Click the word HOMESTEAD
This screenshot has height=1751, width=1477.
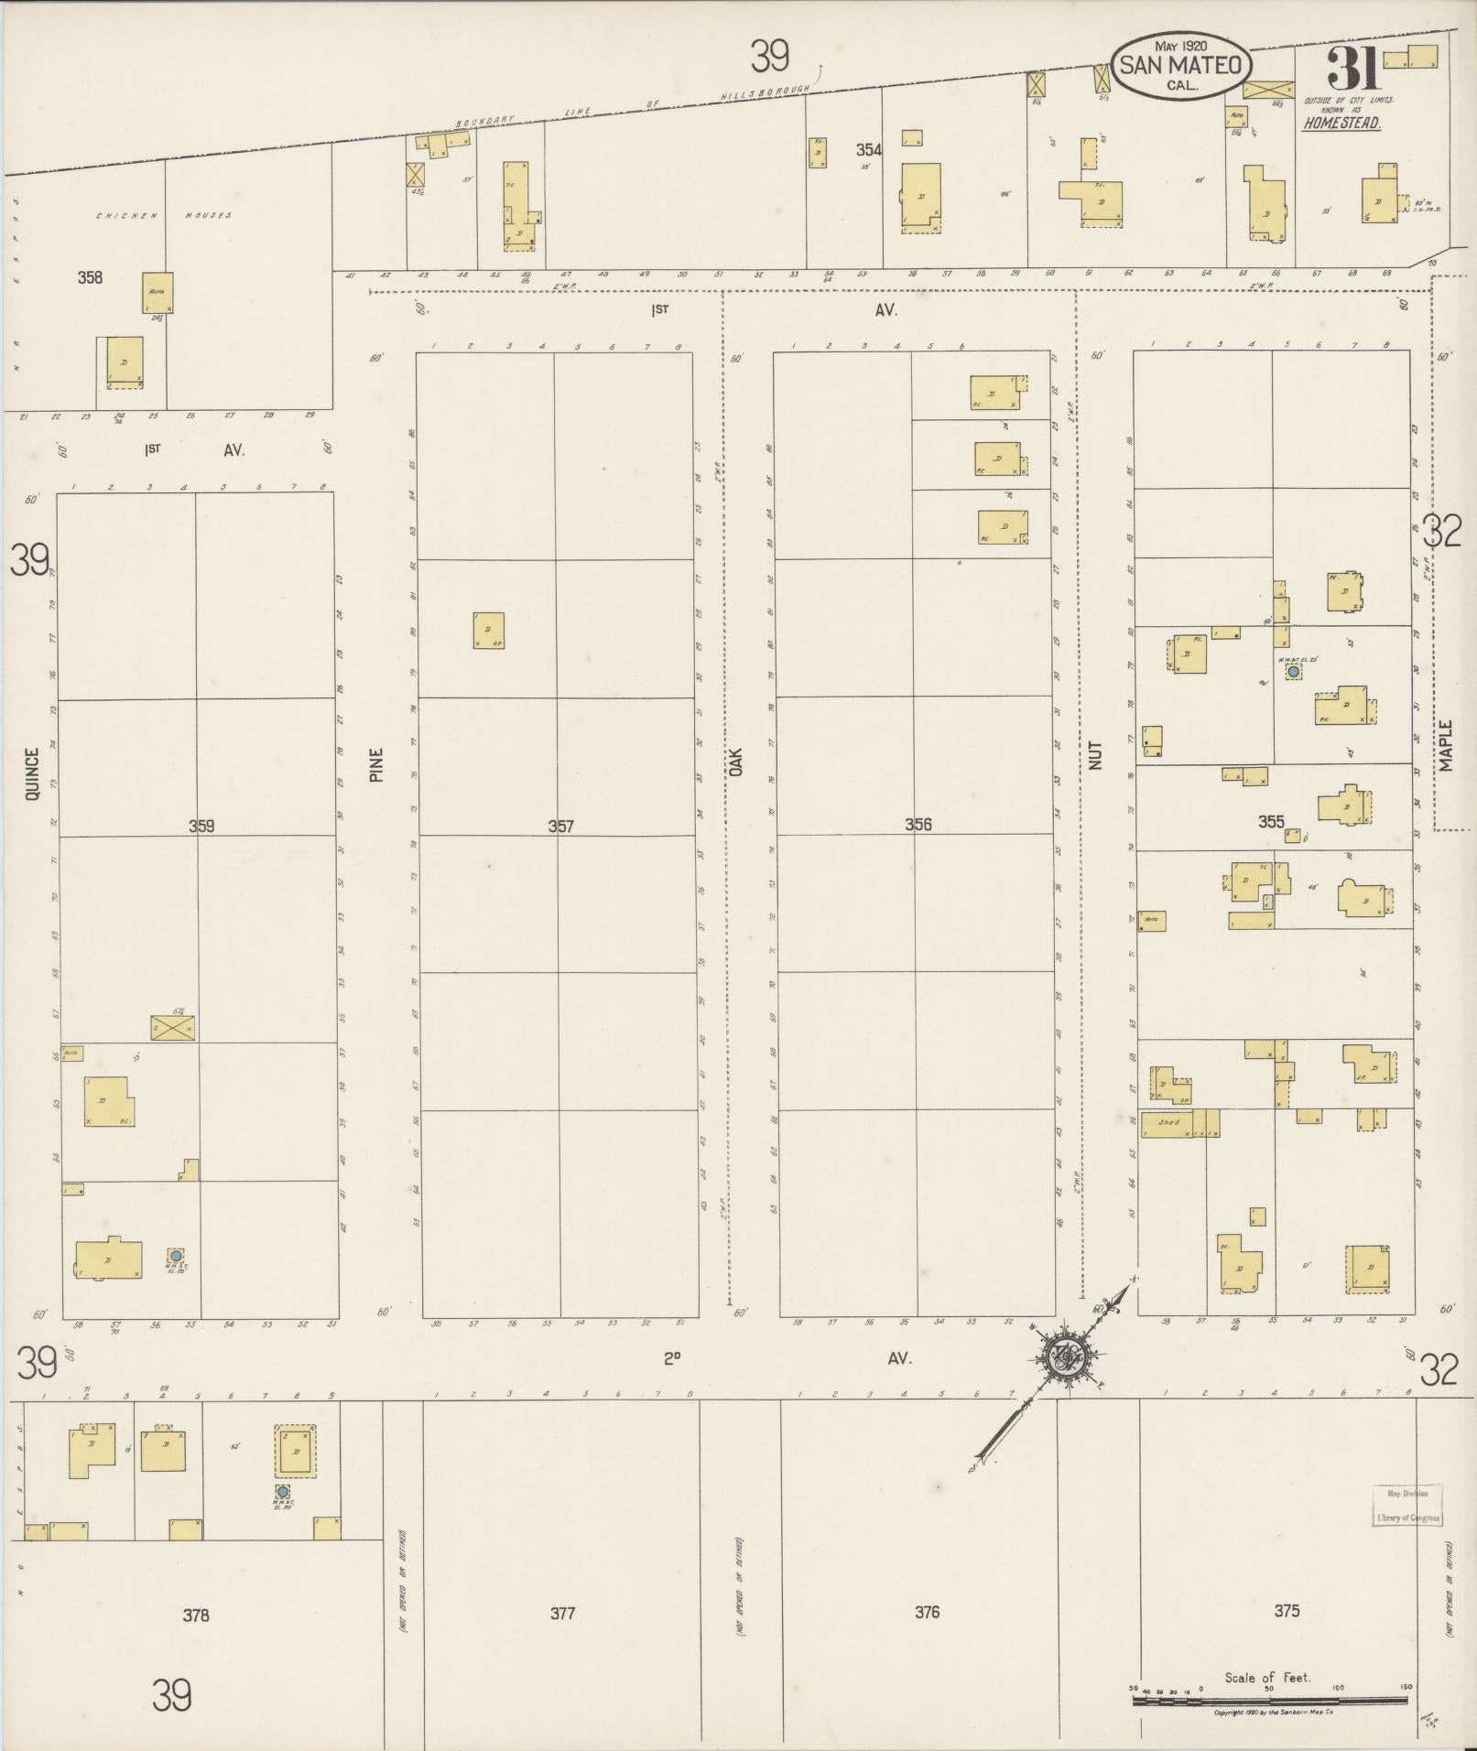tap(1342, 123)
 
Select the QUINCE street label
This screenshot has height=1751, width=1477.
tap(33, 774)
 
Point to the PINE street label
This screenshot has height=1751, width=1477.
tap(376, 765)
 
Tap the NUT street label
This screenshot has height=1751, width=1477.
tap(1096, 754)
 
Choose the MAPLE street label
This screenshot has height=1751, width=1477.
tap(1445, 746)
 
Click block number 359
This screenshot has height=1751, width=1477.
tap(201, 826)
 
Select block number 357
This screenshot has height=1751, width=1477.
tap(560, 826)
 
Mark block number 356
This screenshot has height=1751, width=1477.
tap(918, 824)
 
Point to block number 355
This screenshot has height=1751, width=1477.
tap(1271, 821)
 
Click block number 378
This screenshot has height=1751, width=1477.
tap(196, 1616)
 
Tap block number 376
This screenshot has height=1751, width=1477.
tap(927, 1612)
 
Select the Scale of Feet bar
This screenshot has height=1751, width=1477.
tap(1269, 1700)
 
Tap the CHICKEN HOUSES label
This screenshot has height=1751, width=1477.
tap(164, 216)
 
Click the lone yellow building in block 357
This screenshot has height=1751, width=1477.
tap(488, 630)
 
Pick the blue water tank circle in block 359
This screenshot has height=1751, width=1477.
tap(175, 1255)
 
